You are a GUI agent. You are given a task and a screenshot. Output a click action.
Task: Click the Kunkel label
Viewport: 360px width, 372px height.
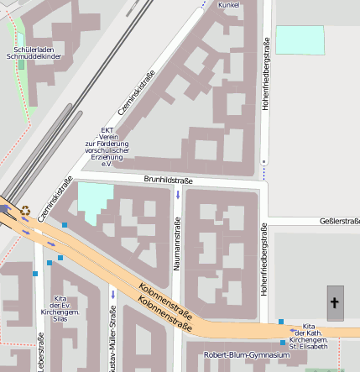pyautogui.click(x=228, y=5)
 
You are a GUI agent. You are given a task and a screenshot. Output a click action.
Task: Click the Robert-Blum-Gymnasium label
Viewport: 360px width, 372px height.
pyautogui.click(x=246, y=355)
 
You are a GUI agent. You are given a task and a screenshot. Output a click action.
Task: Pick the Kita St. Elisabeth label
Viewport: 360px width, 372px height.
pyautogui.click(x=308, y=335)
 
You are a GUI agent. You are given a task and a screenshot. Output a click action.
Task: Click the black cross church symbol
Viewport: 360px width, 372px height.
pyautogui.click(x=335, y=302)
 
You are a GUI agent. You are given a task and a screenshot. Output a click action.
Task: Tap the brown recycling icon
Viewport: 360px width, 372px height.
pyautogui.click(x=26, y=212)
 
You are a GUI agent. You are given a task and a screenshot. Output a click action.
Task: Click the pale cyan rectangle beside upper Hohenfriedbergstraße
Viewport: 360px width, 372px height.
pyautogui.click(x=299, y=40)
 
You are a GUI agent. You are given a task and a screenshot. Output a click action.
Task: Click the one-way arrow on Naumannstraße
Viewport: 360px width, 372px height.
pyautogui.click(x=178, y=195)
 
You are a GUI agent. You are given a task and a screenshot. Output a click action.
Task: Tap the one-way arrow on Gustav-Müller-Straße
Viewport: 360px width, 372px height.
pyautogui.click(x=112, y=295)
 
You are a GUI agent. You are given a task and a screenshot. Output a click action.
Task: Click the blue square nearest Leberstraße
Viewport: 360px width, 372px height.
pyautogui.click(x=34, y=273)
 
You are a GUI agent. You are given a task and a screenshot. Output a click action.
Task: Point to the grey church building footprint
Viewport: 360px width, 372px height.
pyautogui.click(x=335, y=303)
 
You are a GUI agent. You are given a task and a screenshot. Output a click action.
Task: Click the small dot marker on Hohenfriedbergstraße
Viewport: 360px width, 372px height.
pyautogui.click(x=264, y=161)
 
